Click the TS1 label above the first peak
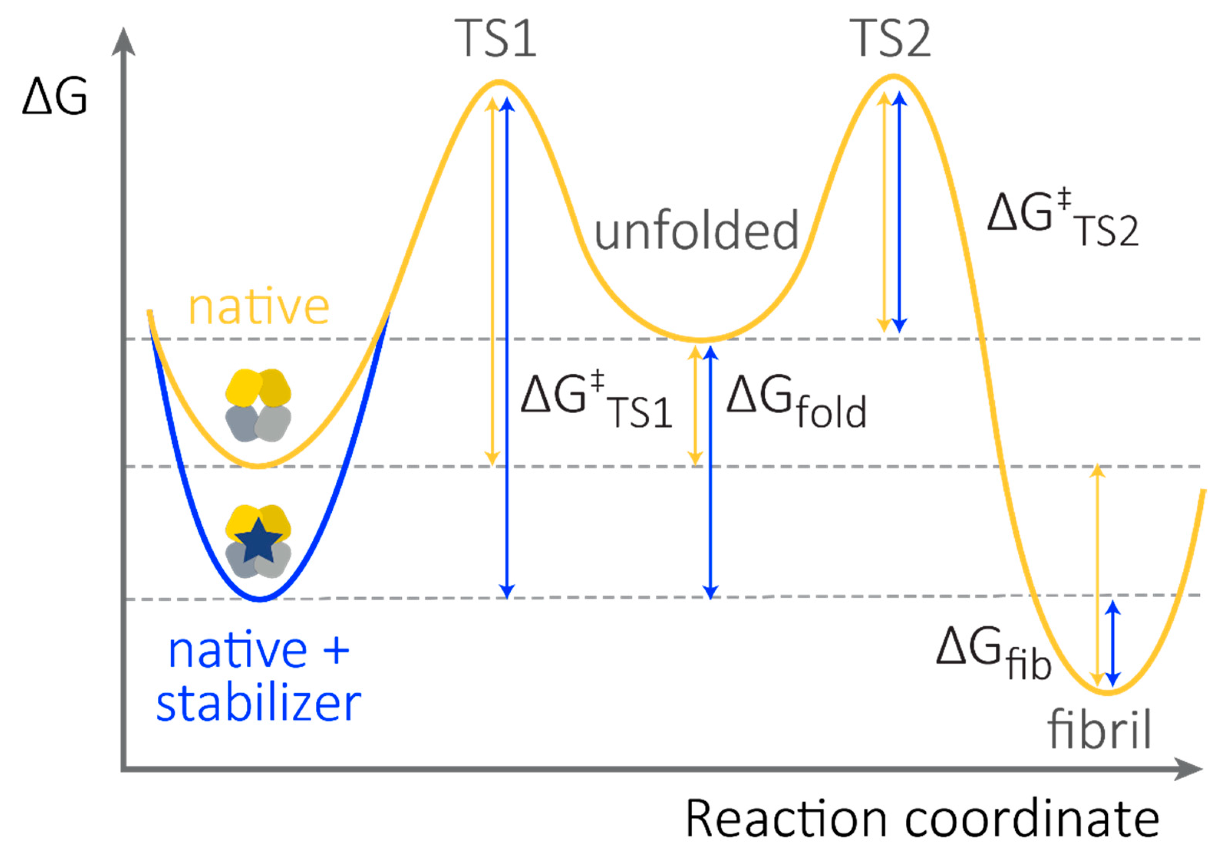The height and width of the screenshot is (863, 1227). [x=495, y=38]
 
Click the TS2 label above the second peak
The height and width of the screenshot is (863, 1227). [x=890, y=38]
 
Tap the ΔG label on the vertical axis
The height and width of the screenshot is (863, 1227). [x=54, y=97]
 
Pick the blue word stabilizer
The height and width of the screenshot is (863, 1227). [x=259, y=704]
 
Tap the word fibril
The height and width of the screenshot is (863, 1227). [x=1099, y=731]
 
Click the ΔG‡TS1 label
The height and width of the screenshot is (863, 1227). [x=596, y=401]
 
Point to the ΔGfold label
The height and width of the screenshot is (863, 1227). [x=796, y=401]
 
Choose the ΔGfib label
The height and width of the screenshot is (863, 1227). [x=994, y=653]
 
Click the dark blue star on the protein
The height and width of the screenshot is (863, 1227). [x=259, y=540]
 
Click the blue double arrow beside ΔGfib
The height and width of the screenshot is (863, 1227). [x=1113, y=643]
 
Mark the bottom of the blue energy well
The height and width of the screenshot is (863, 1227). [x=260, y=598]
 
